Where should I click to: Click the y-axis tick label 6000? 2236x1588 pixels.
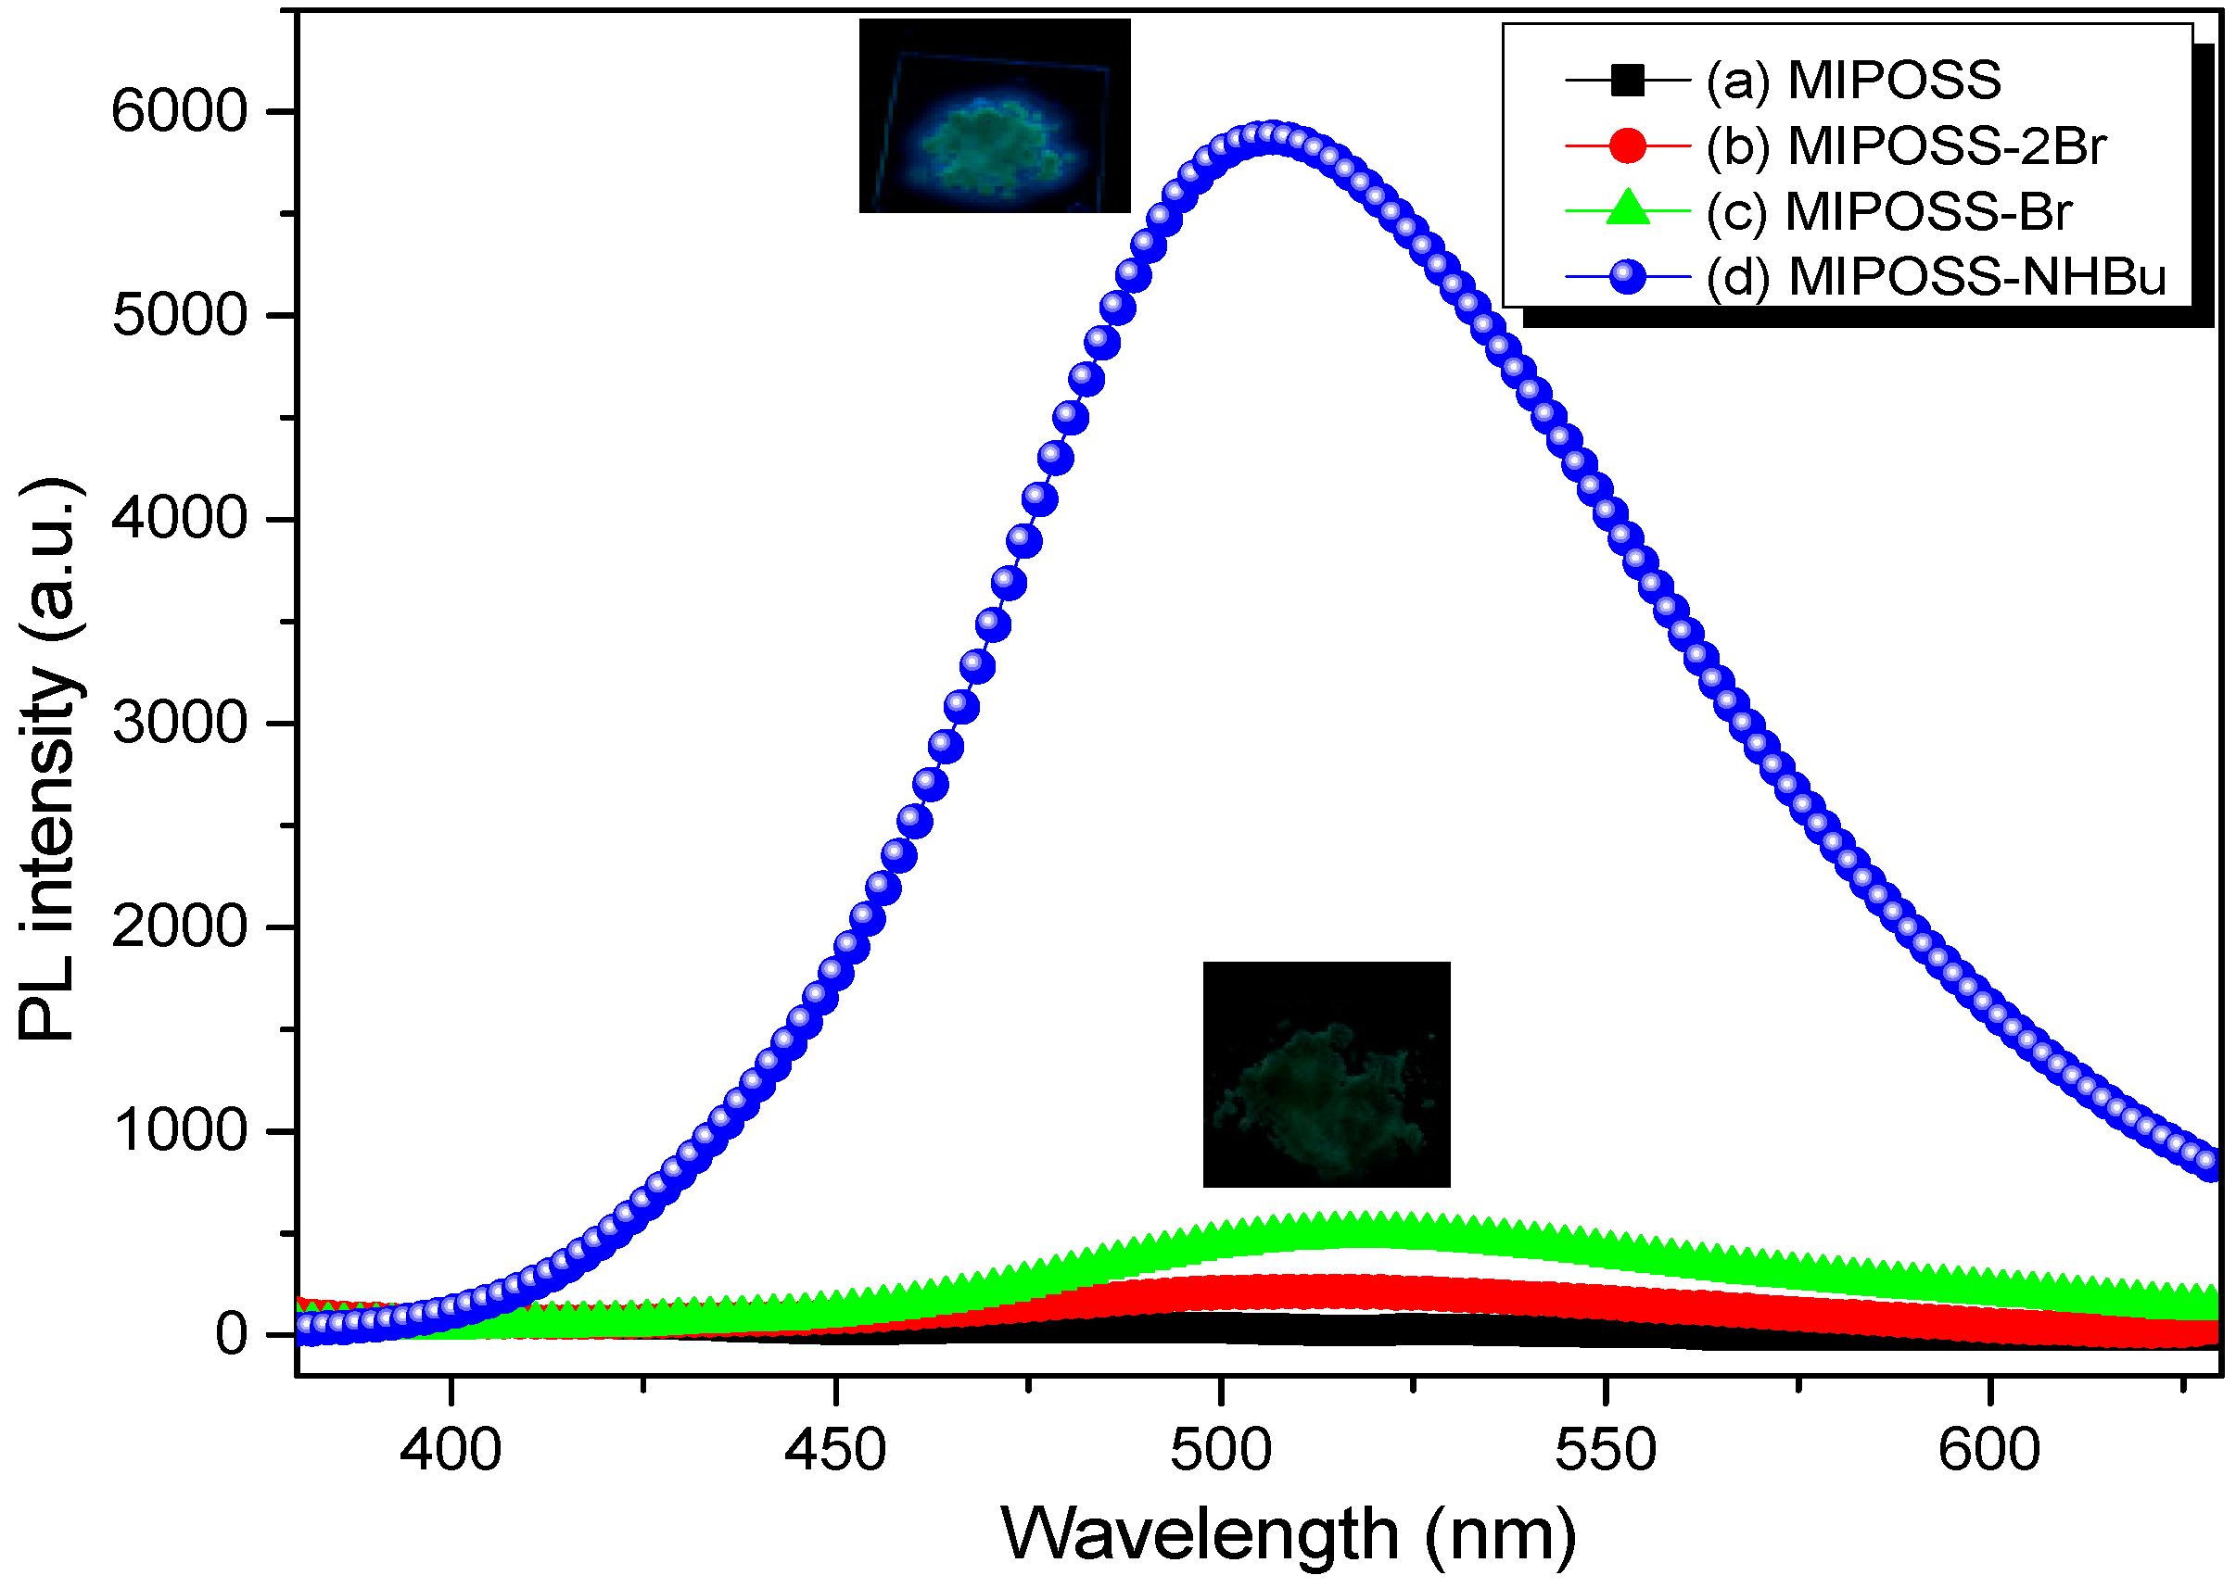[179, 111]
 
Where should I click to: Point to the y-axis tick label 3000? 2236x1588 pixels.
[179, 724]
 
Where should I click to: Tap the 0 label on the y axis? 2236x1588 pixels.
[232, 1334]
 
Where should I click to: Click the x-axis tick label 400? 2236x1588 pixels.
[450, 1449]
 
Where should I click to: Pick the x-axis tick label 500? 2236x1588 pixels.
[1221, 1449]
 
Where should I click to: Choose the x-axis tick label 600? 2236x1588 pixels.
[1989, 1449]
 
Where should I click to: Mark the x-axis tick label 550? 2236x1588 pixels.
[1605, 1449]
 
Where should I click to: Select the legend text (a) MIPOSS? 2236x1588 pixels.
[1853, 81]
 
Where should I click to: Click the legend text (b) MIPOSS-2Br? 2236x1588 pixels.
[1905, 145]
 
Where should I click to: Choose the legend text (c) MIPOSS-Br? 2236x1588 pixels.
[1887, 211]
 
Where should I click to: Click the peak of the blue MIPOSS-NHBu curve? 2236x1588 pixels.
[1270, 137]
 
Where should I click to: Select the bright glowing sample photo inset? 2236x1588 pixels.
[994, 116]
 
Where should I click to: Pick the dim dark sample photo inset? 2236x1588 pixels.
[1326, 1074]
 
